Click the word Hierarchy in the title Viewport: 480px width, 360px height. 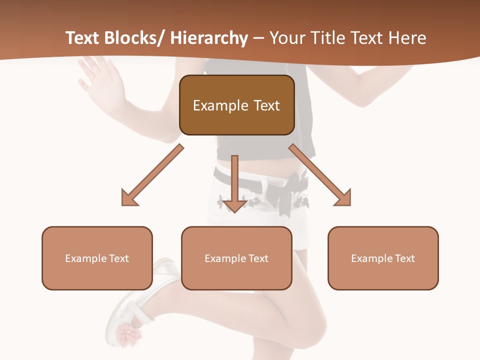(209, 38)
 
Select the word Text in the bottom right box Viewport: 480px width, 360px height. (404, 258)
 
